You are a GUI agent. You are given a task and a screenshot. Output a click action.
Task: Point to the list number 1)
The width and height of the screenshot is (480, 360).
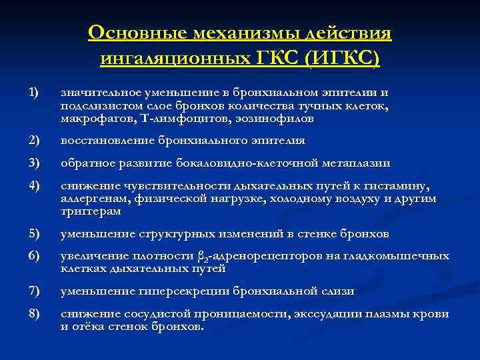coord(33,91)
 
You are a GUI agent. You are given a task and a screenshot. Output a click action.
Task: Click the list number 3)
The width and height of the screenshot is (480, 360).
coord(34,163)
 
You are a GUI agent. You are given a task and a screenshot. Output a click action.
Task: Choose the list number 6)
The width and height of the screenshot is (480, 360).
coord(34,255)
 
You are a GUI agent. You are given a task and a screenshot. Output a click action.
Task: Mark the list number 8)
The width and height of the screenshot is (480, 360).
coord(34,313)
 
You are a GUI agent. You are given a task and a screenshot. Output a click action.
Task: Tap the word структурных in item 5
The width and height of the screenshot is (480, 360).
coord(178,233)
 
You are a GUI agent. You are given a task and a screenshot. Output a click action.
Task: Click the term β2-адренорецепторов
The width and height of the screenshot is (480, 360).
coord(256,257)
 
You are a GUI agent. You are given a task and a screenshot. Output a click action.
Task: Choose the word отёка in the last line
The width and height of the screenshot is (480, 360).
coord(88,327)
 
